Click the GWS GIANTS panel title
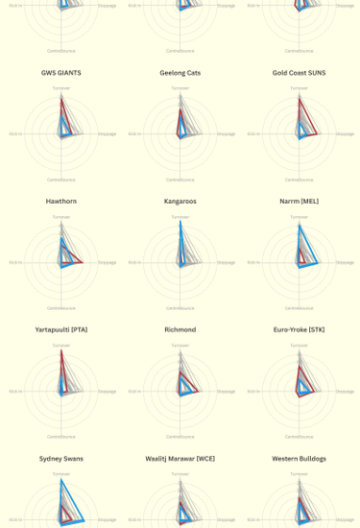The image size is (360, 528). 60,72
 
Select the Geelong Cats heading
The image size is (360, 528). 180,72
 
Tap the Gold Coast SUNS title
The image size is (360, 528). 300,72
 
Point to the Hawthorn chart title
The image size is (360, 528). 60,201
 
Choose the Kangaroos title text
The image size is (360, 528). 180,201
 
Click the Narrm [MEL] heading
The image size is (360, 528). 300,201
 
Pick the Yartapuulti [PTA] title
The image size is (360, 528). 60,329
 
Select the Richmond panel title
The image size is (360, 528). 180,329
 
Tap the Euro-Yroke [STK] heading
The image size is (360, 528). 300,329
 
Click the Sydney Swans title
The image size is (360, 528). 60,459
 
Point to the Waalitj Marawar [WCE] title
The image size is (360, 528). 180,459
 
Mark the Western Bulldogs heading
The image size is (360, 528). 300,459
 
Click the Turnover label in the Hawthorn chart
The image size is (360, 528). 60,216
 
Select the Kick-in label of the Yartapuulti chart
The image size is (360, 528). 15,391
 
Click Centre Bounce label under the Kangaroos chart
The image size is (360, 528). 180,308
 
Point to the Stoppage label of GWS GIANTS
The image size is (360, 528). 107,133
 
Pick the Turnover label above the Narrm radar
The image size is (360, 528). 300,216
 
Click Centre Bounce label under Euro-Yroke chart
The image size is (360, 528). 300,437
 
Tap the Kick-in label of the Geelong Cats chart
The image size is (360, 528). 135,133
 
